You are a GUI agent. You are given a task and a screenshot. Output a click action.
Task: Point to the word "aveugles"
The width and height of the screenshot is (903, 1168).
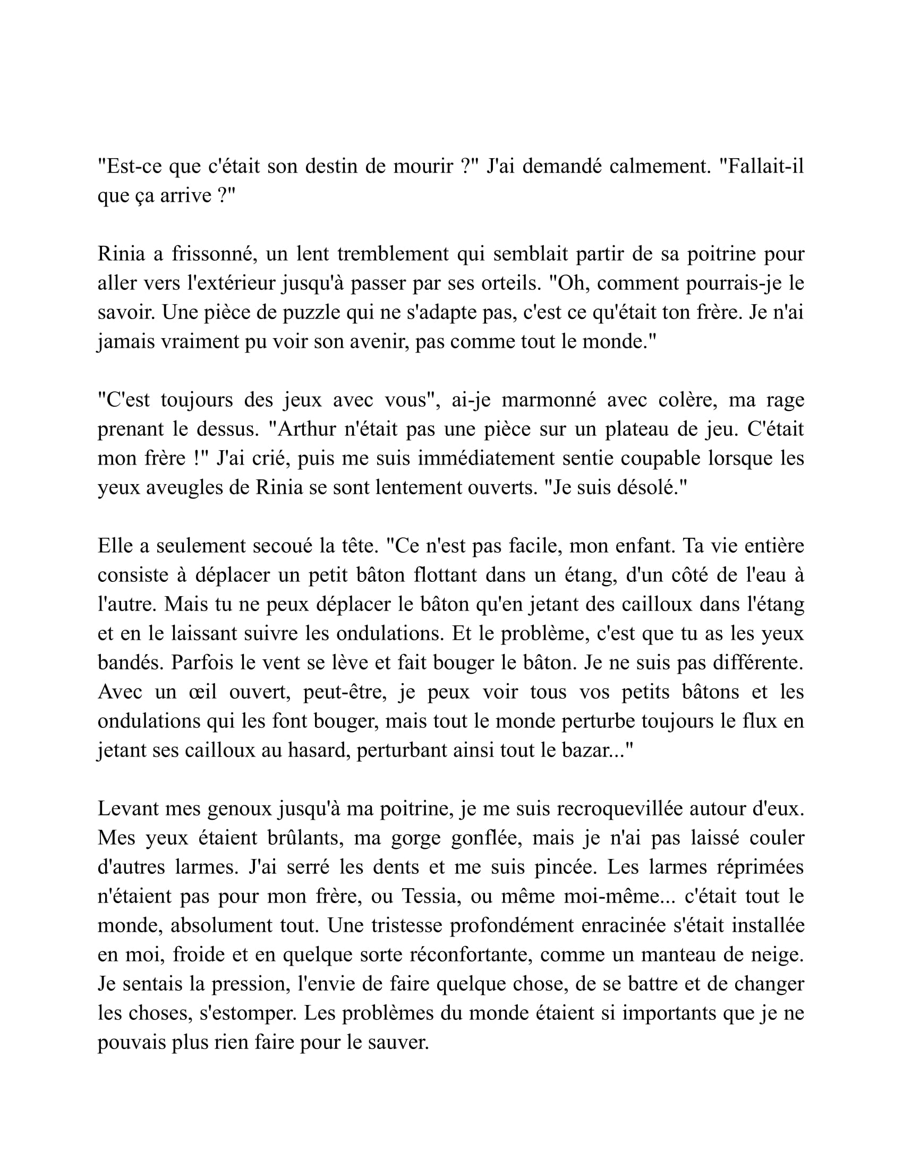click(x=185, y=488)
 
